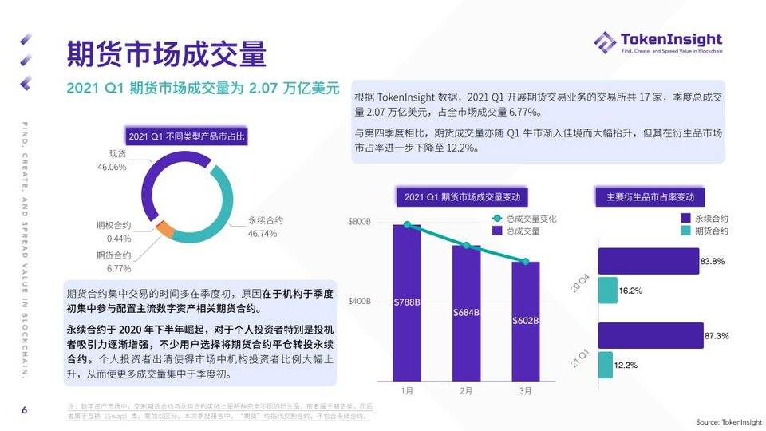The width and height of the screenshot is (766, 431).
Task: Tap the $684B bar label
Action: (466, 311)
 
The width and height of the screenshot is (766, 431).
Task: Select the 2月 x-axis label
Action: (466, 393)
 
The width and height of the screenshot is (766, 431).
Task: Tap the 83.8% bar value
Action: (712, 261)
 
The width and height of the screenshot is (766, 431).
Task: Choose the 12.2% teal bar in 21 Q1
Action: (605, 365)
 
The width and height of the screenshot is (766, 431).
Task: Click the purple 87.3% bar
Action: (650, 335)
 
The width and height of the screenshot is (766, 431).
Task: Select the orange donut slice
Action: (165, 231)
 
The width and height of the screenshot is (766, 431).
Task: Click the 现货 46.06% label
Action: (112, 160)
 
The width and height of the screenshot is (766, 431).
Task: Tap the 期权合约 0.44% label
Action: (113, 231)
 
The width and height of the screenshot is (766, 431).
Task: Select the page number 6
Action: (24, 410)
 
